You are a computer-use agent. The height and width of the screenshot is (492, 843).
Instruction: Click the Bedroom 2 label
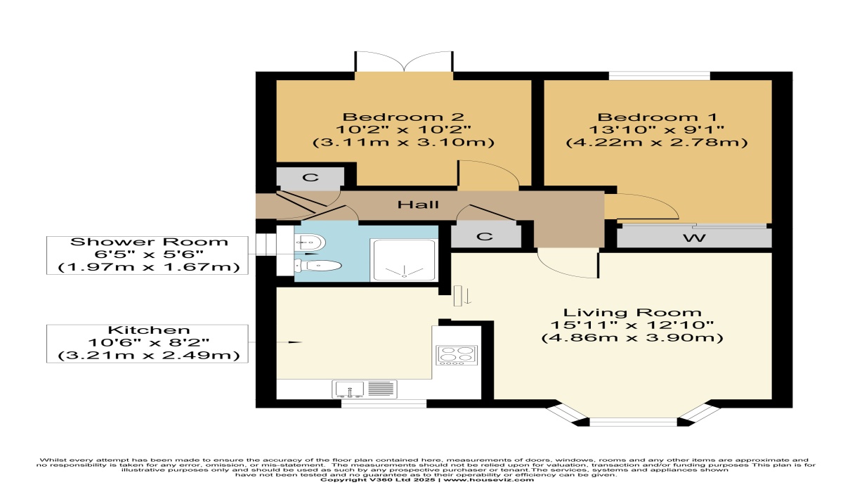click(403, 117)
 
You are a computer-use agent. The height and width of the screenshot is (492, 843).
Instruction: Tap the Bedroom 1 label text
click(657, 117)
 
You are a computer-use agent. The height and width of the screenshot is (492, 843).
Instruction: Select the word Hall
click(418, 205)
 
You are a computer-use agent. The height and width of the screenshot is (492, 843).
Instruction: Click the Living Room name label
click(632, 313)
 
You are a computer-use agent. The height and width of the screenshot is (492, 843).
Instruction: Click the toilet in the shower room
click(318, 266)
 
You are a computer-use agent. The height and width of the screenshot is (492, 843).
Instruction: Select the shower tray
click(404, 260)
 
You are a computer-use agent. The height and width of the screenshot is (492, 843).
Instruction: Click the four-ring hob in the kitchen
click(457, 356)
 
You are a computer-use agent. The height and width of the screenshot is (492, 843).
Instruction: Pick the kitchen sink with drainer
click(365, 389)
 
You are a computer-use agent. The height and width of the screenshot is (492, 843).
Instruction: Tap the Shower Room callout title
click(149, 242)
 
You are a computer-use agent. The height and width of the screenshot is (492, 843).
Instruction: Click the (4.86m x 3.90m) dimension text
click(632, 337)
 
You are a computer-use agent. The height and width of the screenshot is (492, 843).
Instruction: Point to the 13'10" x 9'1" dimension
click(657, 130)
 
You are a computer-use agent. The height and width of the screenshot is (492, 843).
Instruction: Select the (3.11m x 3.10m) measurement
click(403, 143)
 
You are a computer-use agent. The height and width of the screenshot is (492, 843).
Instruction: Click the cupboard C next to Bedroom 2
click(311, 177)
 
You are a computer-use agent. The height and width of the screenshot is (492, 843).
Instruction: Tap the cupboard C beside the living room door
click(485, 237)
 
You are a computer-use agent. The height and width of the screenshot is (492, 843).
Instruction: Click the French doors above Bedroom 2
click(404, 62)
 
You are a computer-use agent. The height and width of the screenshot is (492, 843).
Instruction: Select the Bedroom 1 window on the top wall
click(660, 76)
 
